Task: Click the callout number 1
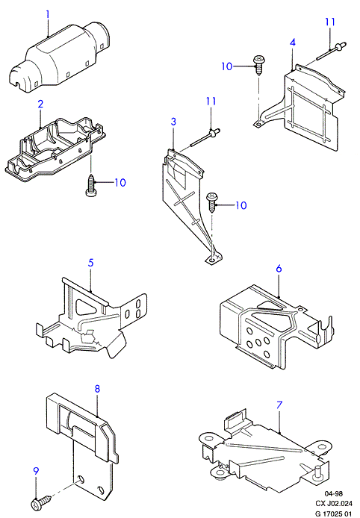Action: pyautogui.click(x=48, y=14)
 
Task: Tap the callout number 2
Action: pyautogui.click(x=40, y=104)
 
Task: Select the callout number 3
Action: pyautogui.click(x=173, y=122)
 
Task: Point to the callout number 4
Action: pyautogui.click(x=293, y=43)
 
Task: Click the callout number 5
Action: pyautogui.click(x=90, y=263)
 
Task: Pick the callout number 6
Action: pyautogui.click(x=279, y=269)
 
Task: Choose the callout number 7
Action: pyautogui.click(x=279, y=405)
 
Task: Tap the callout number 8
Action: pyautogui.click(x=97, y=388)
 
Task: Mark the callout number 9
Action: pyautogui.click(x=36, y=471)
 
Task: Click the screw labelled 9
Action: pyautogui.click(x=40, y=501)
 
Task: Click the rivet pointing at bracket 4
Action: pyautogui.click(x=331, y=52)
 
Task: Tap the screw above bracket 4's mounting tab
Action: pyautogui.click(x=258, y=65)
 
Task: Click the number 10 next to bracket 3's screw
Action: pyautogui.click(x=241, y=205)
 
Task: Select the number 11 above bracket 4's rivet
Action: pyautogui.click(x=330, y=22)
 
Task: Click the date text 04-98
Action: pyautogui.click(x=333, y=494)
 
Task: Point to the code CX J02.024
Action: pyautogui.click(x=334, y=504)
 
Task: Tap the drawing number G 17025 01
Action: pyautogui.click(x=334, y=514)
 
